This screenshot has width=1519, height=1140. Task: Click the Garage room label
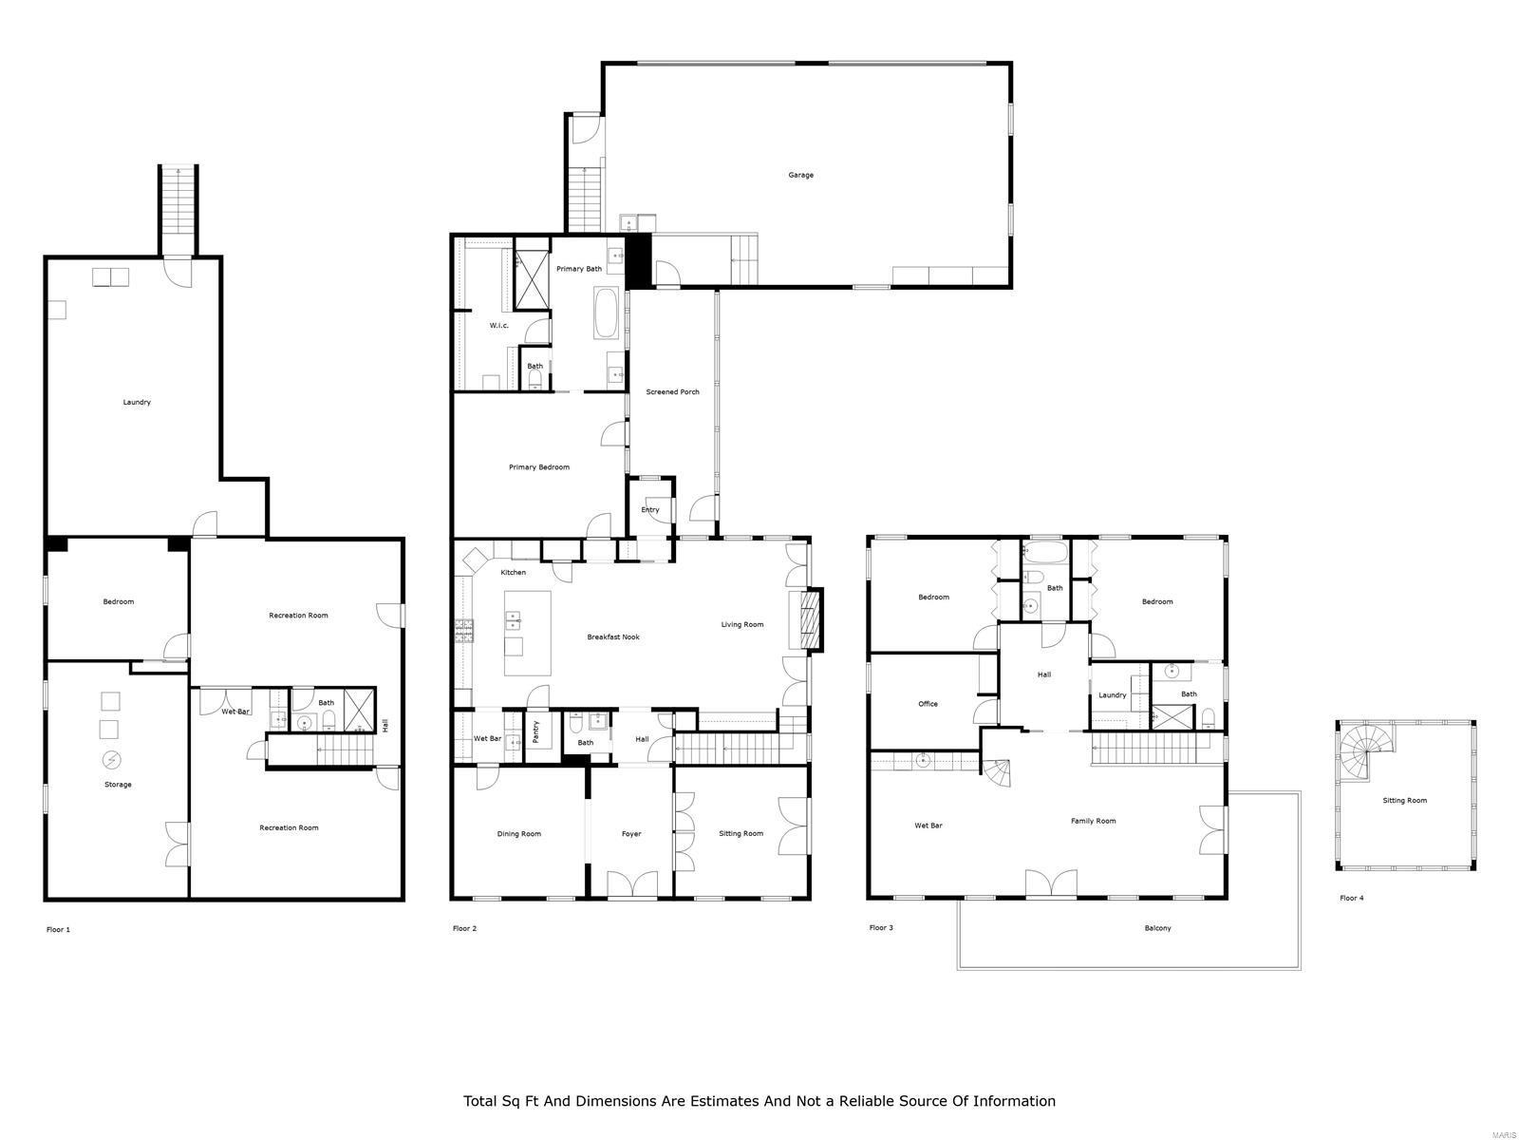[x=800, y=175]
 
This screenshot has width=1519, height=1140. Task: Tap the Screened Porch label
[x=672, y=391]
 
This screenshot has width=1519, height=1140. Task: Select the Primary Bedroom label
[x=538, y=467]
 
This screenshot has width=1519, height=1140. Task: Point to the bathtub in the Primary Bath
[x=605, y=314]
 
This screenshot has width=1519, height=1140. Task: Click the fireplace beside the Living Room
[x=809, y=620]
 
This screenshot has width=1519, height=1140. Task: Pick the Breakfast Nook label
[x=612, y=637]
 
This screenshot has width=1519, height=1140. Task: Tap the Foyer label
[x=631, y=834]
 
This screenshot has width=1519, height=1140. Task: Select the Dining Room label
[x=518, y=834]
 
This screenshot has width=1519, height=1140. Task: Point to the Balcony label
[x=1157, y=928]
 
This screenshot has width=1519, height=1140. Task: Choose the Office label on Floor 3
[x=928, y=704]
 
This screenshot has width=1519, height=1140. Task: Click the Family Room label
[x=1093, y=821]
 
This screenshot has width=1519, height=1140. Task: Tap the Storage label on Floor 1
[x=118, y=785]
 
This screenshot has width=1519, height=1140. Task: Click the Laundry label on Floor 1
[x=137, y=402]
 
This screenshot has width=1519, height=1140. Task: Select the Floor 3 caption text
[x=880, y=928]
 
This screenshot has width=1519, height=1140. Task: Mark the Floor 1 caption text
[x=58, y=930]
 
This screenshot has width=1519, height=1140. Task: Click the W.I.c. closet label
[x=498, y=326]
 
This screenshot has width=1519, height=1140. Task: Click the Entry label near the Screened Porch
[x=649, y=510]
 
